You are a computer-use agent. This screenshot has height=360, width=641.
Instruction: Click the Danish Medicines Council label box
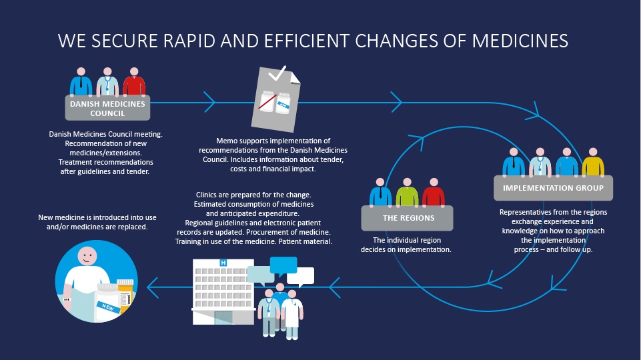click(x=107, y=108)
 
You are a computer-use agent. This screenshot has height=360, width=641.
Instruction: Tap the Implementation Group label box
click(x=553, y=188)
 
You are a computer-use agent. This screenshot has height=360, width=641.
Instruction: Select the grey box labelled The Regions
click(x=407, y=218)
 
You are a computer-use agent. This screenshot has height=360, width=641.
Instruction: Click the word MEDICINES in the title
click(x=520, y=41)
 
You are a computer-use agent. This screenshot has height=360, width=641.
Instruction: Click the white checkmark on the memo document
click(x=277, y=73)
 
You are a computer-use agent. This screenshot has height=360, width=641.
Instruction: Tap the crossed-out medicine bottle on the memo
click(x=267, y=101)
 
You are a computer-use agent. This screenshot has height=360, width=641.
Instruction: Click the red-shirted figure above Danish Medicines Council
click(x=134, y=82)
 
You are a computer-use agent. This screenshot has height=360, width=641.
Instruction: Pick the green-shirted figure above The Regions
click(x=407, y=192)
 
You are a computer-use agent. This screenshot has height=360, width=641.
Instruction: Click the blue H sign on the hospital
click(x=223, y=263)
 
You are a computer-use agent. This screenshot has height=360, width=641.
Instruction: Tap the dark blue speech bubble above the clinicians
click(x=283, y=265)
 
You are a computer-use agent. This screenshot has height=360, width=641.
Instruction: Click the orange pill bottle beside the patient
click(x=125, y=293)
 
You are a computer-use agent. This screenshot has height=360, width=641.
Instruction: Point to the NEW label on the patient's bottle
click(x=108, y=307)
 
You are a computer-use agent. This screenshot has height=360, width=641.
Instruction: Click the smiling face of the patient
click(x=87, y=256)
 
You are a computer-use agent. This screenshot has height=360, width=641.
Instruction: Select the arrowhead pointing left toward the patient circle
click(x=152, y=288)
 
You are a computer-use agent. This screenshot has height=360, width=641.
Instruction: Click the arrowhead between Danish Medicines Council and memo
click(x=209, y=102)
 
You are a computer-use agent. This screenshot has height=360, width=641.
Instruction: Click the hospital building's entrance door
click(x=223, y=317)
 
